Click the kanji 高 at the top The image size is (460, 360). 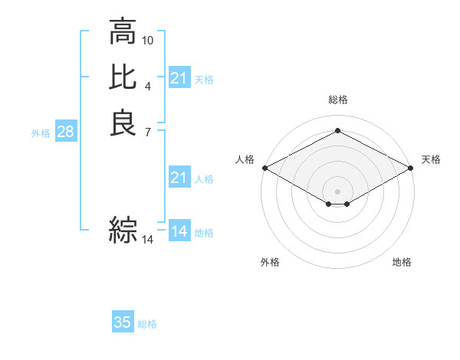coord(123,33)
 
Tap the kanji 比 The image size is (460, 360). coord(123,77)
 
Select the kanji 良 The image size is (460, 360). coord(123,122)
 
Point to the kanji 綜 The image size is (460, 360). coord(123,229)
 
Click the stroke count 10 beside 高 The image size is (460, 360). coord(148,40)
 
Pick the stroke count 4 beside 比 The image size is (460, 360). coord(148,85)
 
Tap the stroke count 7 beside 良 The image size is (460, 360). coord(148,131)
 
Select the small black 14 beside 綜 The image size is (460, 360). coord(148,240)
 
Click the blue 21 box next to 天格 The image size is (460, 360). coord(179,77)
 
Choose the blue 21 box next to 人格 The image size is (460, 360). coord(179,178)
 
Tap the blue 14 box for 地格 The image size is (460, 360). coord(179,231)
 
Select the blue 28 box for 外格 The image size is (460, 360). coord(65,132)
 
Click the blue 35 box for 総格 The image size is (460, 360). coord(123,322)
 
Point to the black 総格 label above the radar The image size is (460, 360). coord(337,100)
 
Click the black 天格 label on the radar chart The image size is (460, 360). coord(431,159)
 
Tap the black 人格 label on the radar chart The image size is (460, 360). coord(245,159)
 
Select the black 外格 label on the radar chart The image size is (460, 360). coord(270,263)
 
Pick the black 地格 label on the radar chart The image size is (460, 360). coord(402,263)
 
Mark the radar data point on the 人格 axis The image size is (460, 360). coord(264,168)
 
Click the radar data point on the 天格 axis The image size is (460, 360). coord(411,168)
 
